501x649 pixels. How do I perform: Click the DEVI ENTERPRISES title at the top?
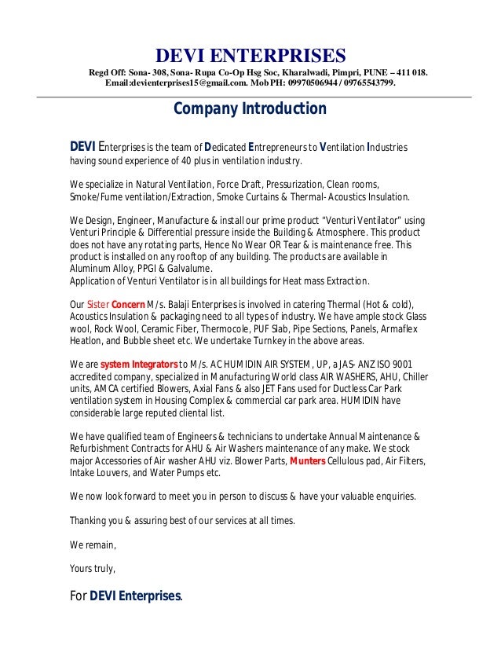coord(250,56)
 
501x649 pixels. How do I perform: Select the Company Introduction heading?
coord(249,108)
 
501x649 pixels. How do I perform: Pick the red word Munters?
coord(307,461)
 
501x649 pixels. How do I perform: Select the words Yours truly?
coord(93,563)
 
